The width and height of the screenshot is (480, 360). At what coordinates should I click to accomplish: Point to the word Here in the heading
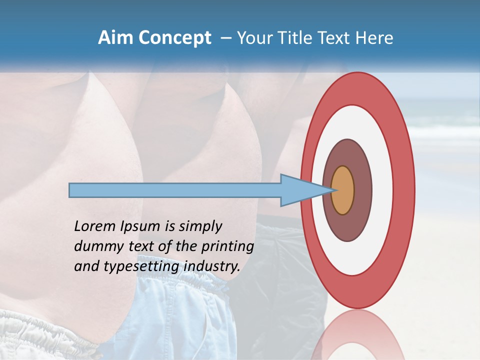(375, 38)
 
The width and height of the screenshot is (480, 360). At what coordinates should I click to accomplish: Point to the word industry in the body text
(212, 267)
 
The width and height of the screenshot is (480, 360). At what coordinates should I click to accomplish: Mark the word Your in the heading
(253, 38)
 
